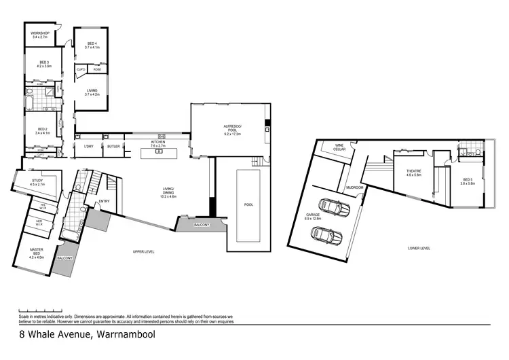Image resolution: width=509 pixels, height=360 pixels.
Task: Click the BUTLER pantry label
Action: click(113, 146)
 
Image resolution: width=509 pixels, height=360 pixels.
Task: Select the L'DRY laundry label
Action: click(88, 146)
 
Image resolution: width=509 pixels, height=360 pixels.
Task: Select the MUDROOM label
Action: click(355, 187)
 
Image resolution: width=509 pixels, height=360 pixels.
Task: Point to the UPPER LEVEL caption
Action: click(145, 252)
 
